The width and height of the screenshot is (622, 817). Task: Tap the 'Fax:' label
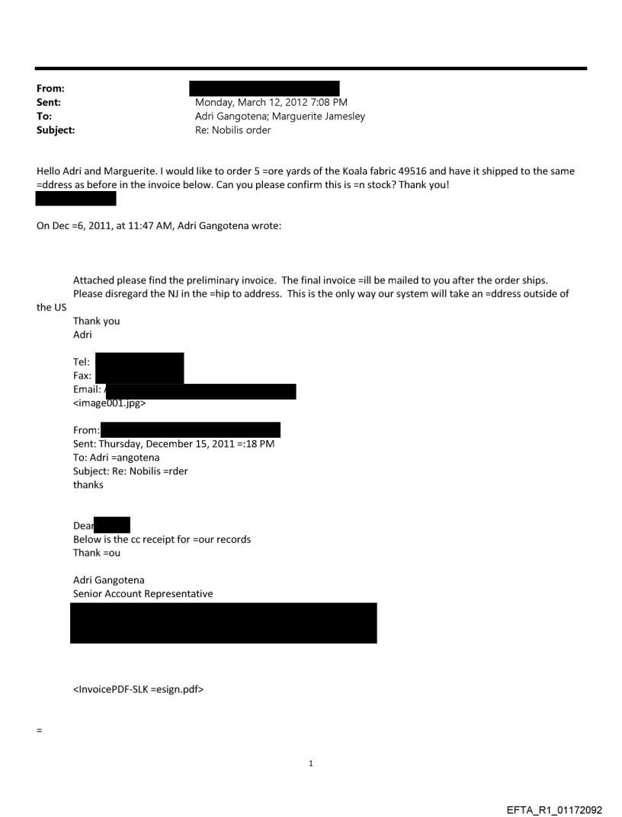pyautogui.click(x=82, y=376)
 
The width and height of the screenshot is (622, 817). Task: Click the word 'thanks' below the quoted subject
pyautogui.click(x=88, y=485)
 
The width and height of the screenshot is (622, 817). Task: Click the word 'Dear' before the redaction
pyautogui.click(x=83, y=526)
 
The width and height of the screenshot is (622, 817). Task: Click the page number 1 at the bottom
pyautogui.click(x=311, y=763)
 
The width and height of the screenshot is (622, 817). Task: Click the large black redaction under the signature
pyautogui.click(x=223, y=623)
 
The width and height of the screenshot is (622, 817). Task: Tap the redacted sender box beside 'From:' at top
pyautogui.click(x=264, y=89)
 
